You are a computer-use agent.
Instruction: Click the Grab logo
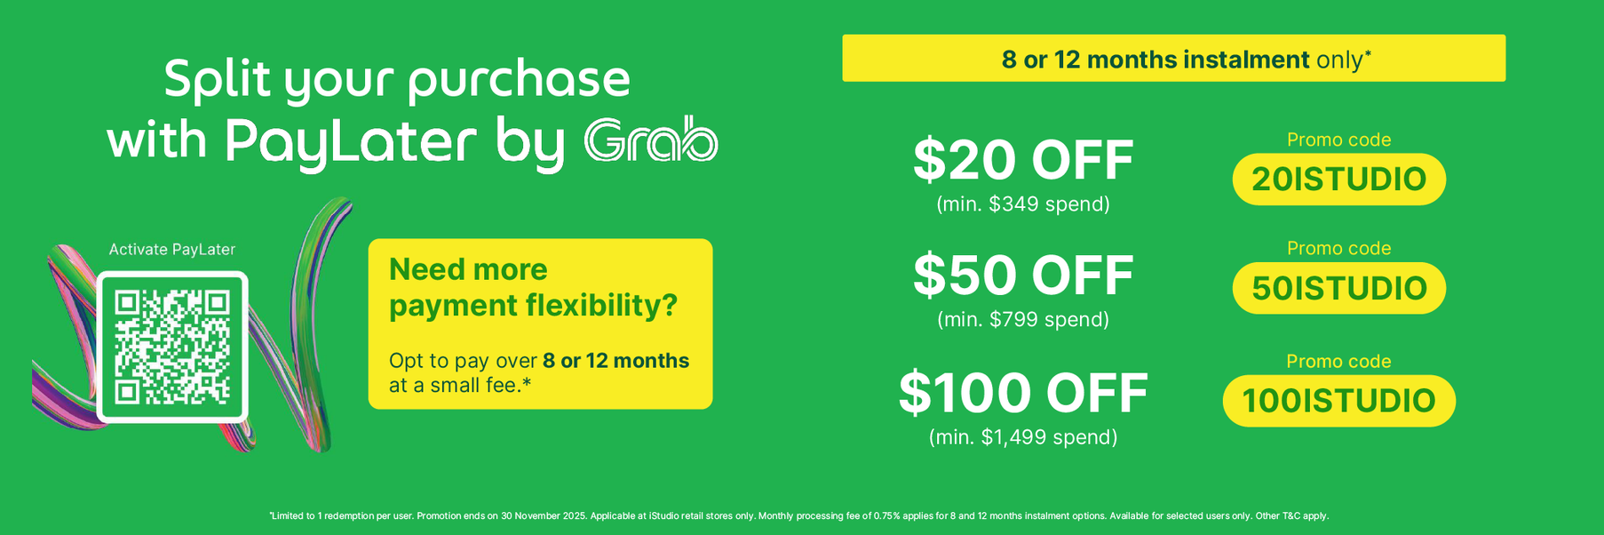[651, 140]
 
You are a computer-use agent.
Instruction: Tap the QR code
[172, 347]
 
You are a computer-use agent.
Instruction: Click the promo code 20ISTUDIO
[1338, 180]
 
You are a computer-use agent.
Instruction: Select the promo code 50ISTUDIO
[1338, 288]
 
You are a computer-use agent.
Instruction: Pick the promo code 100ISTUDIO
[1338, 401]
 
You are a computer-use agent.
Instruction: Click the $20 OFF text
[1023, 161]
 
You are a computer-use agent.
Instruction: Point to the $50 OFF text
[1023, 275]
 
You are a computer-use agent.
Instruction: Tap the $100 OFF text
[1023, 394]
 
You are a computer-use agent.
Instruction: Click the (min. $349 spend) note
[1023, 204]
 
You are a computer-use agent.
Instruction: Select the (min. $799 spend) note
[1023, 319]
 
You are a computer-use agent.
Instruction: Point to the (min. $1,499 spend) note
[1023, 437]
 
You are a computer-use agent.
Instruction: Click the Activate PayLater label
[172, 250]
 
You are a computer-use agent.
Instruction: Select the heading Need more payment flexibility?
[533, 287]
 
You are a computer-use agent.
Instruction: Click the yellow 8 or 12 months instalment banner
[1173, 58]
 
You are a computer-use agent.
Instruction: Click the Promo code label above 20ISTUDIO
[1338, 140]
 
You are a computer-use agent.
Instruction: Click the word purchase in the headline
[520, 81]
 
